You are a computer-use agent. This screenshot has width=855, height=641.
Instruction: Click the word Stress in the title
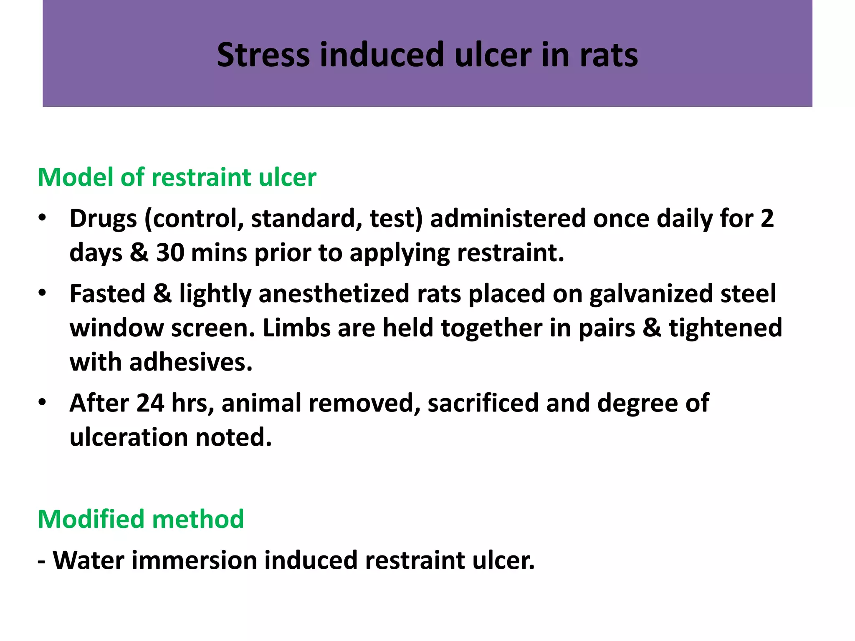(263, 55)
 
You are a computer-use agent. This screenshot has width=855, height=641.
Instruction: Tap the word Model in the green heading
(75, 177)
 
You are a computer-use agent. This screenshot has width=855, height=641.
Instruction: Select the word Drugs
(103, 219)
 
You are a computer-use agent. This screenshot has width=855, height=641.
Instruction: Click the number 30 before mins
(170, 253)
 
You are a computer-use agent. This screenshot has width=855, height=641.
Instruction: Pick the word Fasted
(107, 293)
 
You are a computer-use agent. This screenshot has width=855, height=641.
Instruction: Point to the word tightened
(726, 328)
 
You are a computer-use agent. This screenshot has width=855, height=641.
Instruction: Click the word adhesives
(190, 362)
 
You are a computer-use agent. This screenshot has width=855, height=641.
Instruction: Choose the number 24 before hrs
(150, 403)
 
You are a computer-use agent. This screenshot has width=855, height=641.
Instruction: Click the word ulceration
(129, 437)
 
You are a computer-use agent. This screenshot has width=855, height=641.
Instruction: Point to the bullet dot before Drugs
(42, 218)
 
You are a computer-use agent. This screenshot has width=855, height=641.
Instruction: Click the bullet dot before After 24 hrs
(42, 403)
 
